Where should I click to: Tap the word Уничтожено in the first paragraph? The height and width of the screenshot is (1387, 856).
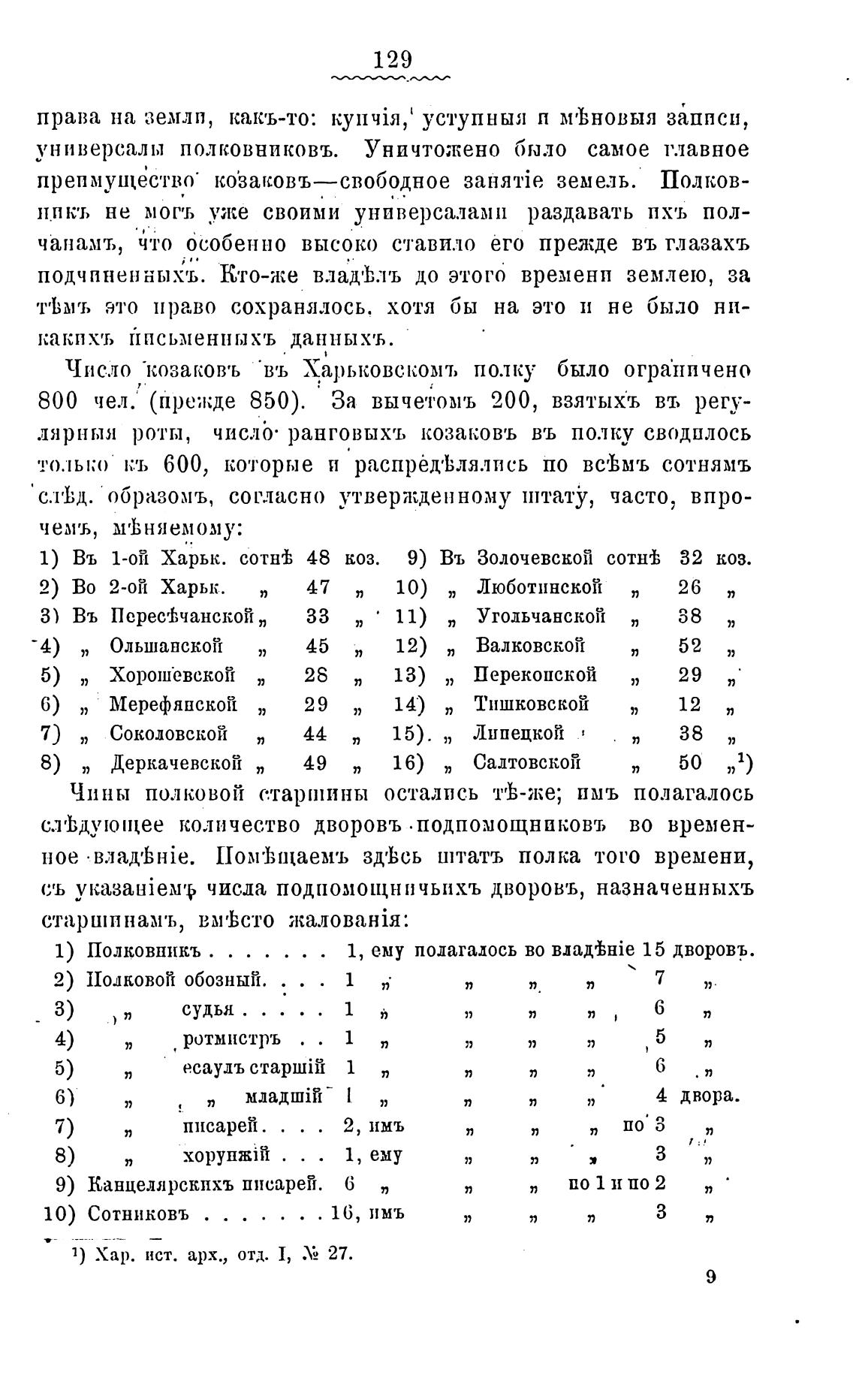tap(436, 149)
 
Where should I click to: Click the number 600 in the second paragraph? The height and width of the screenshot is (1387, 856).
tap(184, 465)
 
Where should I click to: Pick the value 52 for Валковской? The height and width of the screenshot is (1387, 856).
tap(690, 646)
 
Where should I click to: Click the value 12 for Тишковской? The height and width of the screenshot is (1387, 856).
tap(690, 704)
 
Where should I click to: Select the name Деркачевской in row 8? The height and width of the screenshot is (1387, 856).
tap(176, 763)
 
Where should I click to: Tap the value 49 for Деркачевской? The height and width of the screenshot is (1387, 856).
tap(315, 763)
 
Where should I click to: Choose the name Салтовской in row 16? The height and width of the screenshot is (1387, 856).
tap(527, 763)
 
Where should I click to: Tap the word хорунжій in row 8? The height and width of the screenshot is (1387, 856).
tap(226, 1154)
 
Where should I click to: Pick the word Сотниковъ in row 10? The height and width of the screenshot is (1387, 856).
tap(137, 1214)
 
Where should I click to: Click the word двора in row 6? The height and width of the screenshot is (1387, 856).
tap(709, 1096)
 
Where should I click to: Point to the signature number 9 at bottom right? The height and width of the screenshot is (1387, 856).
tap(710, 1277)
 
